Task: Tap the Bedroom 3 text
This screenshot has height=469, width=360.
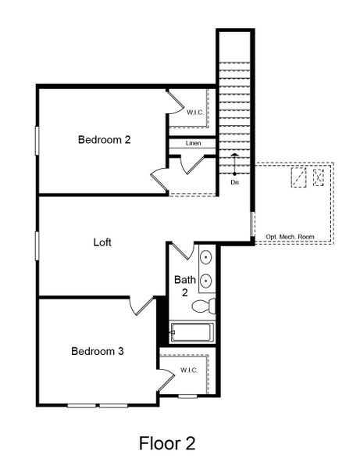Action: tap(98, 351)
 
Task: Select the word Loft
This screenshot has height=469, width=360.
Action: tap(102, 242)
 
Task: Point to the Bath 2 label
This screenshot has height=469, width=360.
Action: tap(184, 285)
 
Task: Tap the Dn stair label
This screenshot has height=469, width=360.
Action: tap(234, 182)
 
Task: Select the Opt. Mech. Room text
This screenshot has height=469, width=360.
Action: tap(290, 236)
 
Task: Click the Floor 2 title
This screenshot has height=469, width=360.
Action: tap(167, 444)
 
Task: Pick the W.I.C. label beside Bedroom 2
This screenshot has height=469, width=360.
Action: tap(195, 113)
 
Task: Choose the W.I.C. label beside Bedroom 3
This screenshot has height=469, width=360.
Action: tap(189, 370)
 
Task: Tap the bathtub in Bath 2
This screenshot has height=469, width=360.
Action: tap(193, 334)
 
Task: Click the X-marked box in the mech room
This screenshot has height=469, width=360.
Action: tap(319, 177)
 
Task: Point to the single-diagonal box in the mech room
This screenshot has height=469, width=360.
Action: tap(298, 177)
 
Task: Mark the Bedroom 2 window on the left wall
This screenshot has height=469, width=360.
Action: tap(37, 140)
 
